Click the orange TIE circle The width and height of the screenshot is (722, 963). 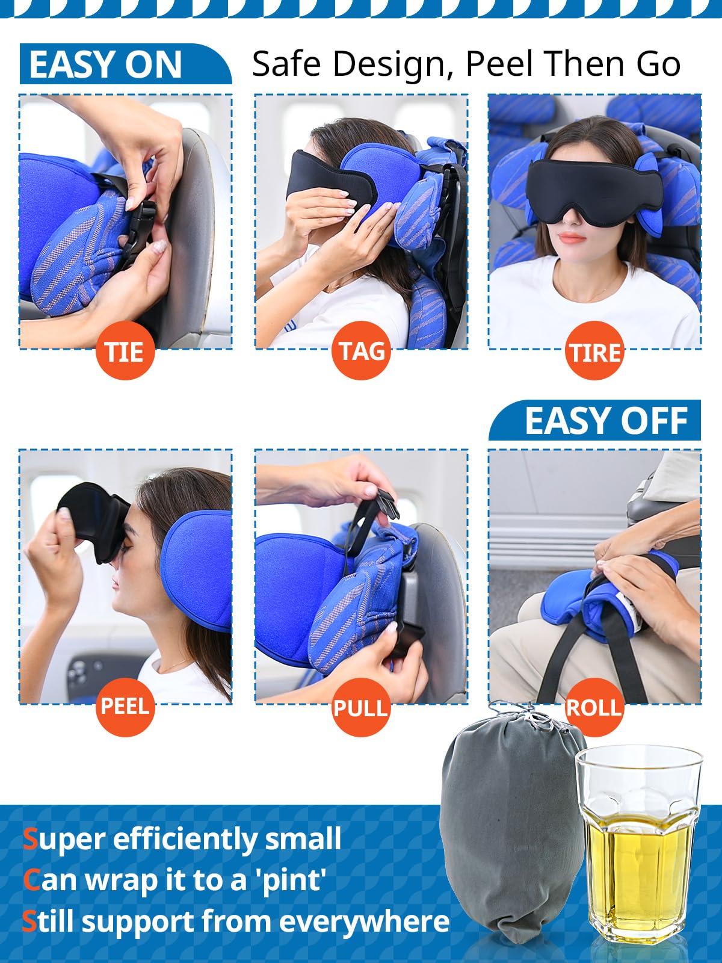(x=125, y=350)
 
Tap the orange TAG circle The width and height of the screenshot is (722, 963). (x=361, y=350)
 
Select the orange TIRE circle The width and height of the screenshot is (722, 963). (x=594, y=350)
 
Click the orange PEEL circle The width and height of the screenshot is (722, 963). (x=125, y=706)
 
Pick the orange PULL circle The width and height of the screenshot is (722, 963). (x=361, y=707)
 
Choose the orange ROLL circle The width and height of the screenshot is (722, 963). (x=594, y=707)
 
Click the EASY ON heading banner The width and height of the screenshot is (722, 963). (x=114, y=64)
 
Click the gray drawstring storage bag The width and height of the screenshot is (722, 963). (x=511, y=831)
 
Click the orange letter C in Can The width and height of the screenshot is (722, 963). (x=31, y=881)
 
